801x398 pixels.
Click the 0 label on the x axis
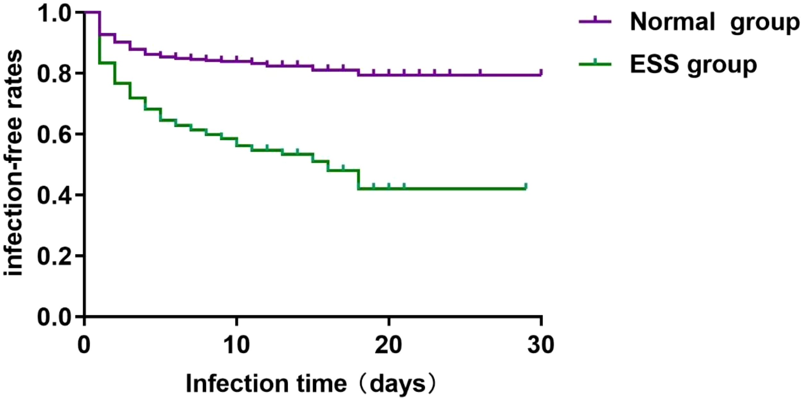(84, 345)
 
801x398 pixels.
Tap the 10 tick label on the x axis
(236, 345)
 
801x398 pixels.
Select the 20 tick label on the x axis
(388, 345)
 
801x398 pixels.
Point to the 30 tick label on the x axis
(541, 345)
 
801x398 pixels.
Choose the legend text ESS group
(693, 65)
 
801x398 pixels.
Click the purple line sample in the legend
(595, 21)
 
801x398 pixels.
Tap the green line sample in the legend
(595, 64)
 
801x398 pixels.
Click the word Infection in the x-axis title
(237, 383)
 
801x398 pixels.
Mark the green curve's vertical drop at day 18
(359, 179)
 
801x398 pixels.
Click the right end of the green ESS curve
(525, 188)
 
